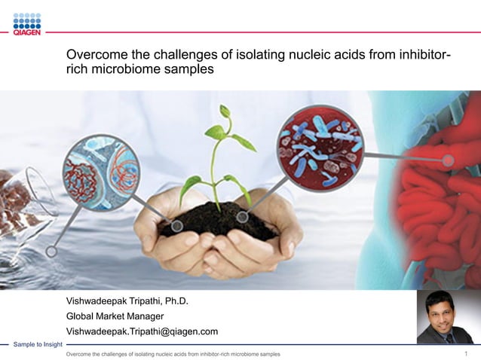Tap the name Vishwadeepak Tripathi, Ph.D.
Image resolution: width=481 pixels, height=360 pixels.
(x=127, y=302)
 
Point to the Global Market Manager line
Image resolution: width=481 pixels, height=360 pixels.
(x=115, y=316)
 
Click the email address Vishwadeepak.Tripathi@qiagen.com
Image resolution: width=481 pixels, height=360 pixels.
(x=142, y=331)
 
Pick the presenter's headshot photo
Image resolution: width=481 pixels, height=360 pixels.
(x=445, y=317)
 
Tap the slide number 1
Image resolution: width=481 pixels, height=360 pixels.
(x=466, y=353)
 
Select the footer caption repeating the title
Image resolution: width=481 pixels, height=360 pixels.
(x=173, y=354)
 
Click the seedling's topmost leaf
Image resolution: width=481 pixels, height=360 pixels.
(x=224, y=111)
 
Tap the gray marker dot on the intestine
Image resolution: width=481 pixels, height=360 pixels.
(x=449, y=160)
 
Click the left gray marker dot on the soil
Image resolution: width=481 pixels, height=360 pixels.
(x=176, y=225)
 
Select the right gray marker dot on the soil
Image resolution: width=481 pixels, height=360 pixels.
(x=243, y=217)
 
